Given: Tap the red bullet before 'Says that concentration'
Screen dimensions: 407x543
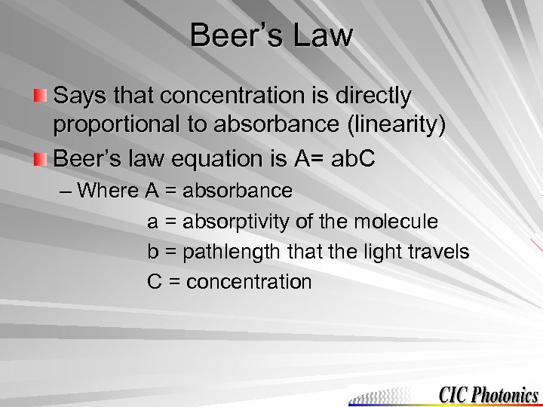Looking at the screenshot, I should point(41,96).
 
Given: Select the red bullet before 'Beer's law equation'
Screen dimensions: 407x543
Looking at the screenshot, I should point(41,160).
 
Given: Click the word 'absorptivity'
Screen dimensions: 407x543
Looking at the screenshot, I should point(237,222).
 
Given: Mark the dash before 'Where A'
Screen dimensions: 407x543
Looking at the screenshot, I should point(66,191).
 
